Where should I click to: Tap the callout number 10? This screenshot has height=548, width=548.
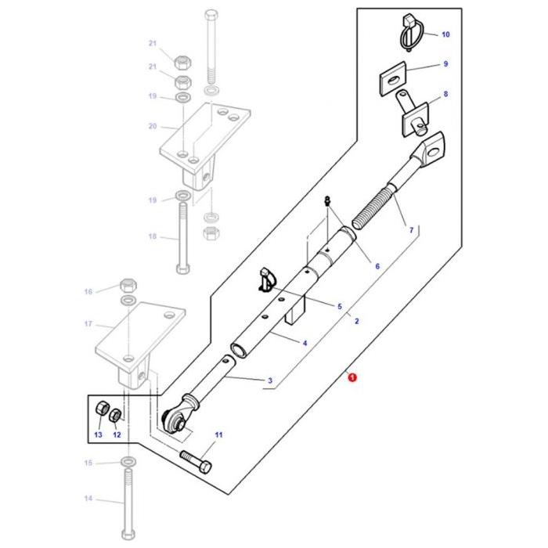445,35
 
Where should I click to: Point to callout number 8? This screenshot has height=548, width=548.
445,95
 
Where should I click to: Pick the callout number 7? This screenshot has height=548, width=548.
410,230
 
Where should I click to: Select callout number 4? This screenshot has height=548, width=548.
305,343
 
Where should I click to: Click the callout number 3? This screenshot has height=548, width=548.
269,382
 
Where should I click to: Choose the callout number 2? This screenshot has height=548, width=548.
356,321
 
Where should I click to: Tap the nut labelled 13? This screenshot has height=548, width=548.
100,411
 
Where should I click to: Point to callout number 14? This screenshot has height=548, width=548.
88,499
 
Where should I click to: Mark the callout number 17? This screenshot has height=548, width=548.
88,324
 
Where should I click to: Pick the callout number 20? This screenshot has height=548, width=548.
153,125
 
